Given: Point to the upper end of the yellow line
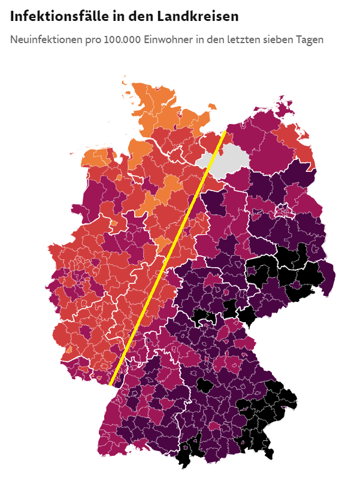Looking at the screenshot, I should pyautogui.click(x=225, y=131).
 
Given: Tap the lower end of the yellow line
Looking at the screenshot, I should pyautogui.click(x=111, y=383).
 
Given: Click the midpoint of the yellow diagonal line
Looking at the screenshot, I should pyautogui.click(x=168, y=258).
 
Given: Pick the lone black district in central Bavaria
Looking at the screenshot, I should pyautogui.click(x=204, y=385).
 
